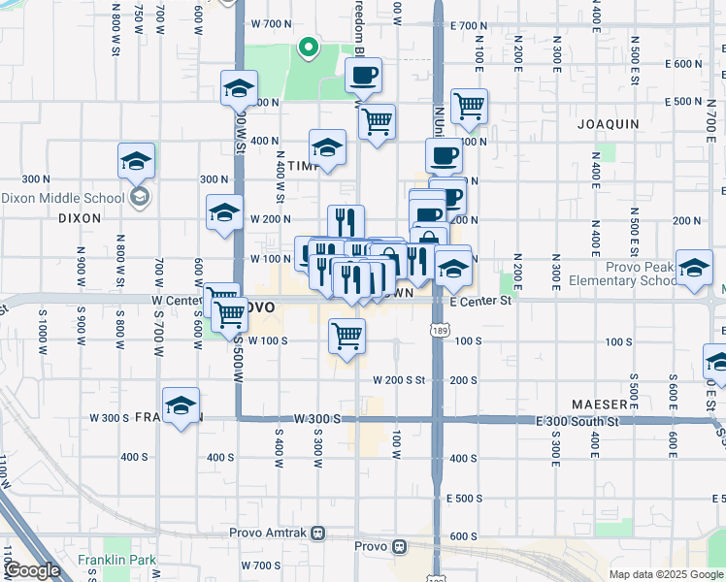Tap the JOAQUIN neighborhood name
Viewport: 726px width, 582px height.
(608, 124)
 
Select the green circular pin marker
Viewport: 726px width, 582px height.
(308, 46)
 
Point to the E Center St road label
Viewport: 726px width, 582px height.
(479, 302)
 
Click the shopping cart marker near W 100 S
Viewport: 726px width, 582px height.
(346, 336)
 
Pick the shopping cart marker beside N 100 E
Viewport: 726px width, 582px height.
(469, 106)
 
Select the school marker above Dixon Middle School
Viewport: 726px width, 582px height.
(137, 161)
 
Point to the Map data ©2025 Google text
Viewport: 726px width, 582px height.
(665, 574)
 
